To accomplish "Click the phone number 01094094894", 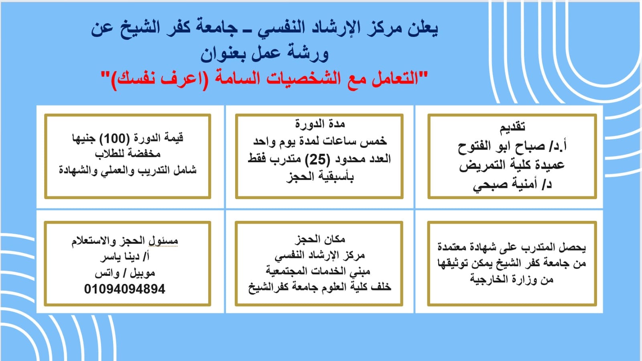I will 124,289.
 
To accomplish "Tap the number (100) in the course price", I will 114,139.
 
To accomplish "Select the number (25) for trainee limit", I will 317,159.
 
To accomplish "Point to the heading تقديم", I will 512,127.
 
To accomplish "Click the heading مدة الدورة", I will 320,124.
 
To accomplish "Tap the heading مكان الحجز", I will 320,239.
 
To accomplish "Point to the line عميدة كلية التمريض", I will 512,165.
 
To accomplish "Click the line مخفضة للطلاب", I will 128,154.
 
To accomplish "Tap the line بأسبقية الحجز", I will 320,177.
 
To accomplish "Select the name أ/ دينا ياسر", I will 125,256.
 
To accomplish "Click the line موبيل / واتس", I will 125,273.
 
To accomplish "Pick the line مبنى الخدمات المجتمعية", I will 318,271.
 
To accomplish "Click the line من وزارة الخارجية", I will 512,279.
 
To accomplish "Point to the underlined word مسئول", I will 164,241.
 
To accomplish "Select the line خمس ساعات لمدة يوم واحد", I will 320,141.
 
